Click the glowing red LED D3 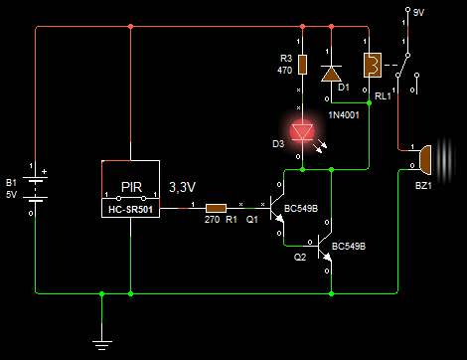tap(302, 132)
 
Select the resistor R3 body tap(302, 65)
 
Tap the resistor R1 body tap(216, 208)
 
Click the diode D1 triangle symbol tap(331, 74)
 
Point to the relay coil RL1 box tap(373, 65)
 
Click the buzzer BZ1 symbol tap(425, 160)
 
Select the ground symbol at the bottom tap(101, 345)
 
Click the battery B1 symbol tap(35, 189)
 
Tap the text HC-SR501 tap(130, 210)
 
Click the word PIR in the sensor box tap(131, 187)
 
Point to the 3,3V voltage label tap(182, 187)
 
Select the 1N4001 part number tap(344, 115)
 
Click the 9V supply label tap(418, 13)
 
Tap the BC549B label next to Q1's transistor tap(301, 209)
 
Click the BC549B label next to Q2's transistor tap(349, 247)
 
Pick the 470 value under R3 tap(284, 71)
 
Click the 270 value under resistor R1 tap(212, 220)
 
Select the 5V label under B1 tap(11, 194)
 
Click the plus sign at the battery tap(44, 172)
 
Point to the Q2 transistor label tap(300, 258)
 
